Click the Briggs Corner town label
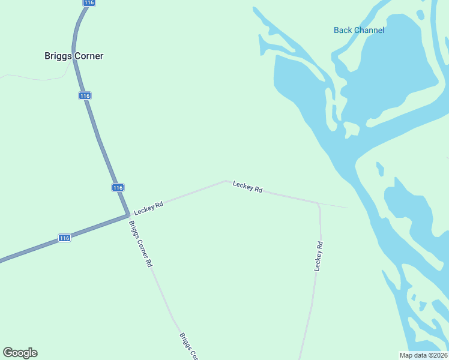point(74,56)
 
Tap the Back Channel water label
point(359,30)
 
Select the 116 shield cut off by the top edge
point(89,3)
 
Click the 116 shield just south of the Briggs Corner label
point(85,96)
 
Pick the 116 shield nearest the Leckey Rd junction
point(118,188)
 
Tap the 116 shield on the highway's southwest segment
point(65,238)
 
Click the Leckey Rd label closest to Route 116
point(148,208)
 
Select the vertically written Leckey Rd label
point(319,256)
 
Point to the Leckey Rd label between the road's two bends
point(247,187)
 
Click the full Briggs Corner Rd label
point(140,244)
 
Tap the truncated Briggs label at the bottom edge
point(188,347)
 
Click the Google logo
point(20,353)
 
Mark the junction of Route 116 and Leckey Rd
point(128,214)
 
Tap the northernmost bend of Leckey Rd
point(226,180)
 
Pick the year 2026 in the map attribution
point(438,355)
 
